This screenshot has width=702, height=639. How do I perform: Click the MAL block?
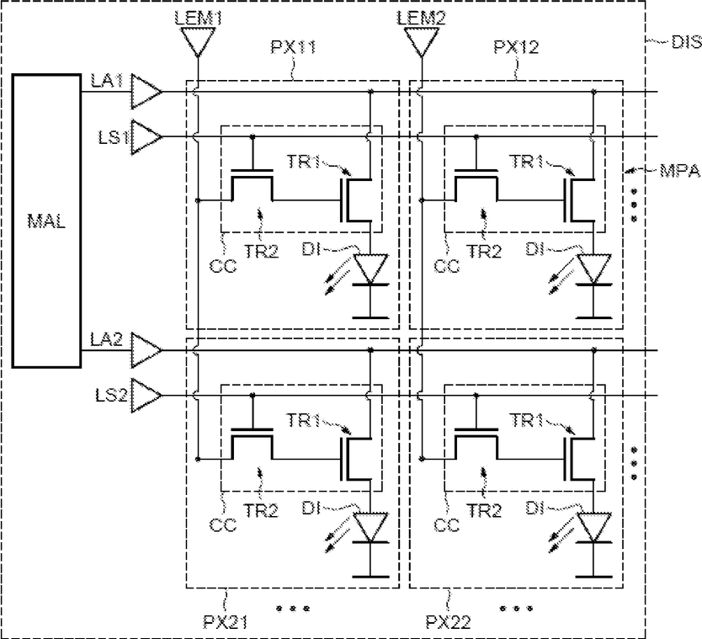click(x=46, y=221)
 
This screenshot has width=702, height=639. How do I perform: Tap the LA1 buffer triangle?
click(x=146, y=92)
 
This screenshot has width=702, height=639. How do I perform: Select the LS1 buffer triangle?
click(x=146, y=136)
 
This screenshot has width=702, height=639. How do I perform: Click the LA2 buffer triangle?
click(x=146, y=350)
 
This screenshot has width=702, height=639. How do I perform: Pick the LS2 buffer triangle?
click(x=146, y=396)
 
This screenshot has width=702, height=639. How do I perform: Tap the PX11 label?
click(x=294, y=47)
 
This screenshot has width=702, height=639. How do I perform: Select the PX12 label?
click(x=516, y=47)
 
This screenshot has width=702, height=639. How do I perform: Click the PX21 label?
click(x=226, y=621)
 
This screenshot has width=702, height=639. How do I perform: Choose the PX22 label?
click(x=448, y=621)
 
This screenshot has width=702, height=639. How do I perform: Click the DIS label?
click(x=686, y=42)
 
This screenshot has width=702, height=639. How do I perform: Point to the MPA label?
click(x=679, y=171)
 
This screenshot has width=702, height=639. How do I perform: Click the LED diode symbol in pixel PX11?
click(x=370, y=269)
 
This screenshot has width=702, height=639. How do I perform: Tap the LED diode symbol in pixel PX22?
click(x=593, y=529)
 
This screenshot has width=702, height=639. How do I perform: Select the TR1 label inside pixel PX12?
click(x=527, y=161)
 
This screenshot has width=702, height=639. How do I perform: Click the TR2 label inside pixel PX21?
click(x=261, y=510)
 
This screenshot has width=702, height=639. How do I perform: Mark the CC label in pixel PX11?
click(x=223, y=266)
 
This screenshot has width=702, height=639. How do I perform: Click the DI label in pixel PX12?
click(x=534, y=249)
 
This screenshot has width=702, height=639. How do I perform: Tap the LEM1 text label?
click(x=198, y=19)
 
